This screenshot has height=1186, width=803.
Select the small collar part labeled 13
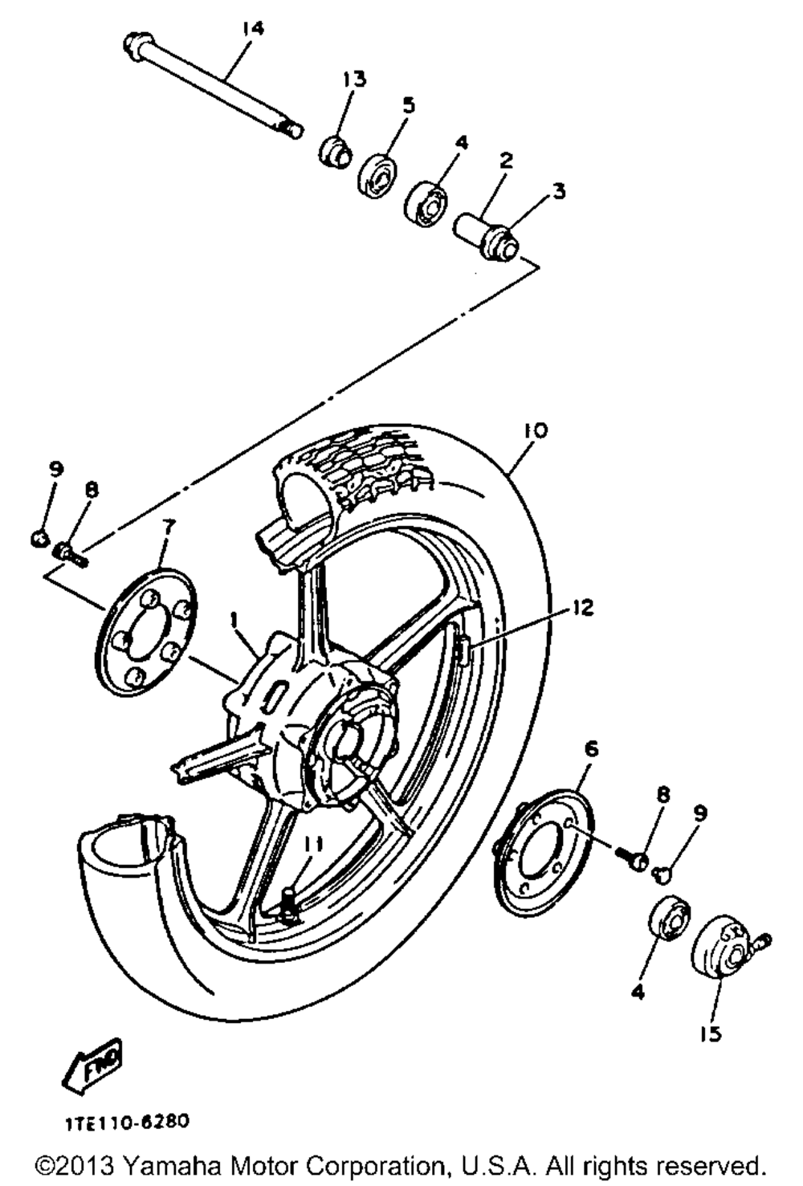334,150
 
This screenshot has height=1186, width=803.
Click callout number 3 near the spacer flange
558,191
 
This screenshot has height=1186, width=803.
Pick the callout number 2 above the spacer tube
505,160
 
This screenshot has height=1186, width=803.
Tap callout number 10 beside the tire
536,430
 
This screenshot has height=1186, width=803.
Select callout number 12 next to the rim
583,608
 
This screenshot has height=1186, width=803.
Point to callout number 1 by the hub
234,620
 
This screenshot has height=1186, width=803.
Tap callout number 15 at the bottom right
711,1033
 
